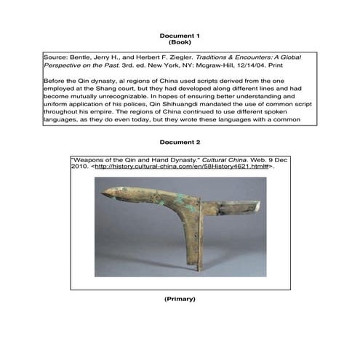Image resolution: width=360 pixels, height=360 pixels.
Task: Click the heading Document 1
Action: [180, 36]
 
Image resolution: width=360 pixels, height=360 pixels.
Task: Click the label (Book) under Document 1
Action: [180, 43]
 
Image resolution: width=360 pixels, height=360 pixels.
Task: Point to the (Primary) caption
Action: [180, 299]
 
